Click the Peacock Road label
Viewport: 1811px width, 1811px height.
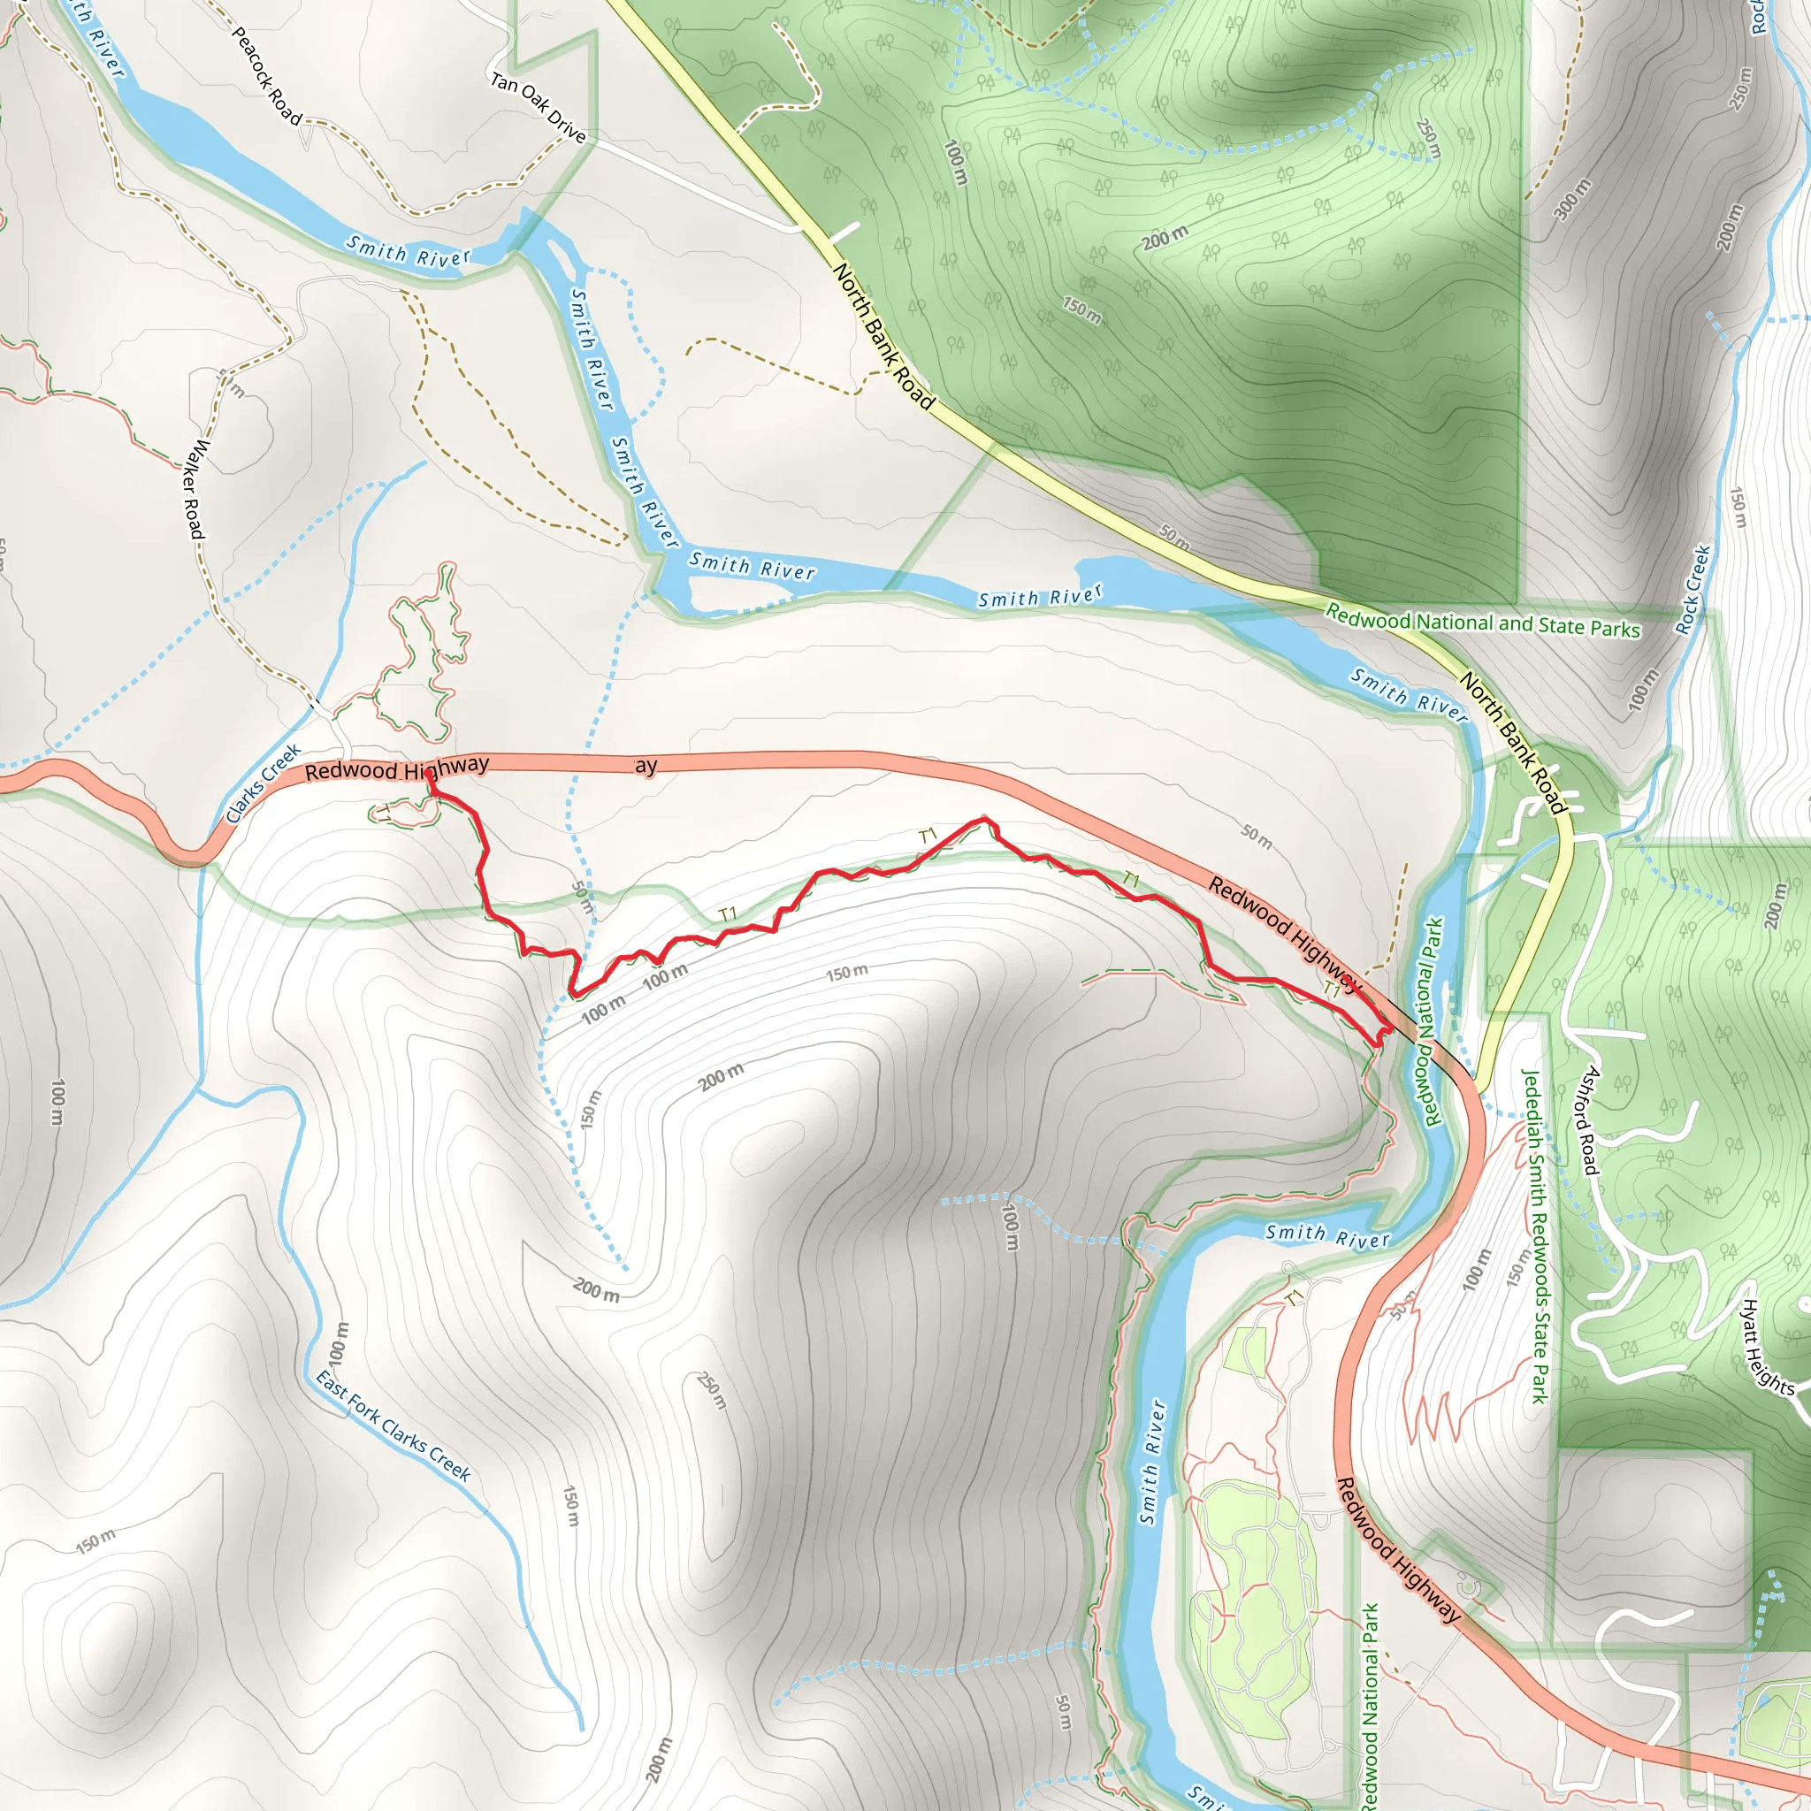(266, 76)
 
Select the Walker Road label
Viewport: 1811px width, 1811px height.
(193, 488)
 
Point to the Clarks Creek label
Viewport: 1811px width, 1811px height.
(264, 783)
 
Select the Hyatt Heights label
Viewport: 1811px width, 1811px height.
(1768, 1347)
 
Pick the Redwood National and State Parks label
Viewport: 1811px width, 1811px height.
(1482, 623)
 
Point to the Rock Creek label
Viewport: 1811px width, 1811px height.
(1693, 590)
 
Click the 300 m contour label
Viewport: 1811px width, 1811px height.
(1573, 199)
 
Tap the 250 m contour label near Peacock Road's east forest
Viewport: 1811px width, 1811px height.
(1427, 138)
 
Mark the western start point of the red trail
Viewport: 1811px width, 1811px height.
(428, 774)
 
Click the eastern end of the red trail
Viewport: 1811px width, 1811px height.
(1386, 1029)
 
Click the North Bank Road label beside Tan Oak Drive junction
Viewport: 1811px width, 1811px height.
(884, 337)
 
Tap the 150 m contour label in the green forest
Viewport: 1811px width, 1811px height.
(1081, 309)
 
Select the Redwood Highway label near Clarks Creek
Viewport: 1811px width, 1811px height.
(396, 769)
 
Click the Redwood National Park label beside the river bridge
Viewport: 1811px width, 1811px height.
(1433, 1020)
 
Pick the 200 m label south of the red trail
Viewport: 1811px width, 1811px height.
(721, 1078)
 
